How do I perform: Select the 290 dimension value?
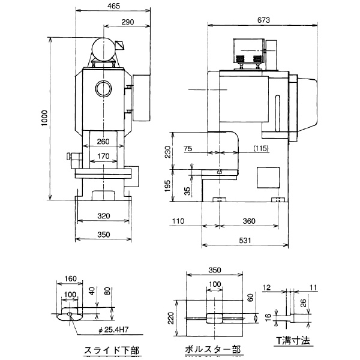[x=127, y=22]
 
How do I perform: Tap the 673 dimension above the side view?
[x=263, y=20]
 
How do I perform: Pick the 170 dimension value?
[x=103, y=157]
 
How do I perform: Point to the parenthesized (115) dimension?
[x=261, y=148]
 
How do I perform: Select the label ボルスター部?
[x=214, y=349]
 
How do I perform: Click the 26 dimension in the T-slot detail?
[x=304, y=302]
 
